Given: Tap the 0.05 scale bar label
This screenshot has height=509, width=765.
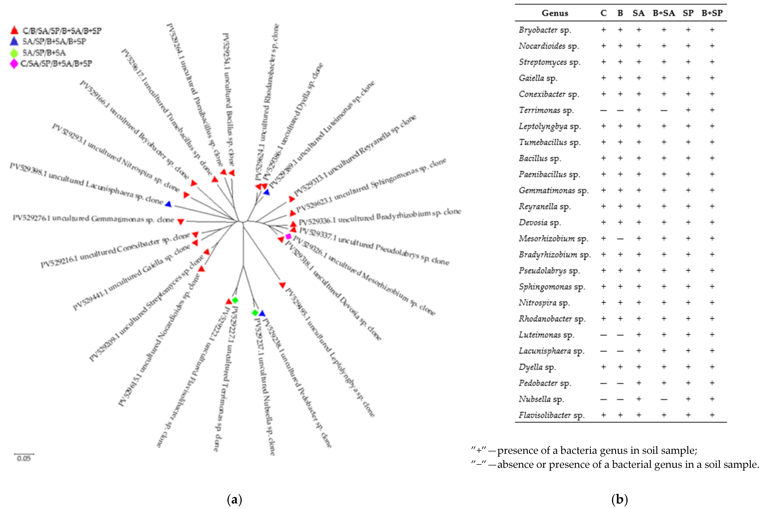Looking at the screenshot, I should click(24, 458).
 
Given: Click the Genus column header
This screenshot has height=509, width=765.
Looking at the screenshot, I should click(555, 13).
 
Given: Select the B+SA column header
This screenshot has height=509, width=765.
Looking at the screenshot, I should click(664, 13).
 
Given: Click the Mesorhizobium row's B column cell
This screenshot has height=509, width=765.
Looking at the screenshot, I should click(620, 239).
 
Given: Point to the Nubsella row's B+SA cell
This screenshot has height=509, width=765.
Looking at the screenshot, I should click(664, 399).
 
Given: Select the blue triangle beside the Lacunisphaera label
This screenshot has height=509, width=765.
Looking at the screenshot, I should click(168, 204).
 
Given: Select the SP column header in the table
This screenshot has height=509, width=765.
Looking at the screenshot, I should click(688, 13).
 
